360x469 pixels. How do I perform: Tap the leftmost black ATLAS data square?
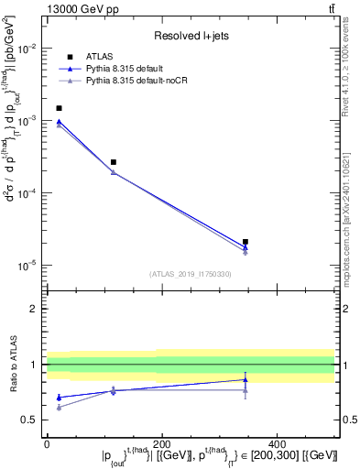(60, 108)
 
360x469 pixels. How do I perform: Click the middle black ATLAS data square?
(113, 162)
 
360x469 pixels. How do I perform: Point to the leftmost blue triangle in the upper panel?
(60, 121)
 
